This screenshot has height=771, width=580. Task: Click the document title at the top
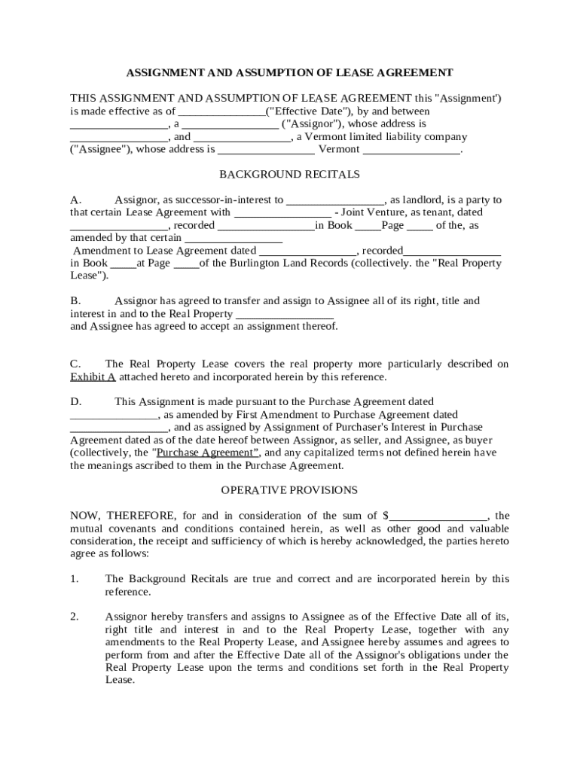pyautogui.click(x=289, y=73)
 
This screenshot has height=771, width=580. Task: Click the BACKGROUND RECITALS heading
pyautogui.click(x=289, y=175)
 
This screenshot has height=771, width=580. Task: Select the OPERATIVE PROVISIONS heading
pyautogui.click(x=289, y=490)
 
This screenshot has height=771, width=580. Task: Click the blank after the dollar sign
pyautogui.click(x=438, y=516)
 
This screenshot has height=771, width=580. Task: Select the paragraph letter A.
pyautogui.click(x=75, y=200)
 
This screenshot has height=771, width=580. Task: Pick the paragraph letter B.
pyautogui.click(x=75, y=301)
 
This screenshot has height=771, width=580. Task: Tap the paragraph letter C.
pyautogui.click(x=75, y=364)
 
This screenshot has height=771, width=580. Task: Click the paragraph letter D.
pyautogui.click(x=75, y=402)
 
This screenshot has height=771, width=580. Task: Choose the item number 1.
pyautogui.click(x=75, y=579)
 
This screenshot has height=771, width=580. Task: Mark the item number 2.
pyautogui.click(x=75, y=617)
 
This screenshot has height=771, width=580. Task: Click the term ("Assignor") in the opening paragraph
pyautogui.click(x=313, y=124)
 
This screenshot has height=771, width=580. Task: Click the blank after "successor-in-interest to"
pyautogui.click(x=336, y=200)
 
